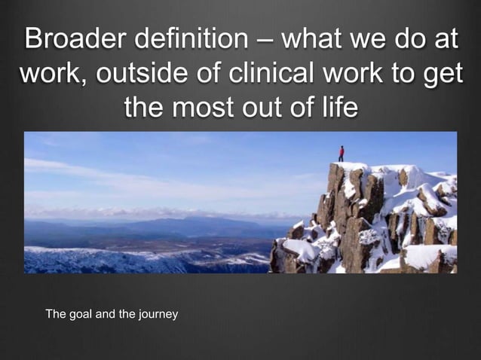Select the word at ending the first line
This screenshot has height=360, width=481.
pyautogui.click(x=446, y=38)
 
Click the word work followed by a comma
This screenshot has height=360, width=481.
pyautogui.click(x=52, y=73)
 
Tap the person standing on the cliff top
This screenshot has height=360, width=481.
pyautogui.click(x=341, y=154)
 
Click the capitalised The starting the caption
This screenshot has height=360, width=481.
pyautogui.click(x=57, y=313)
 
